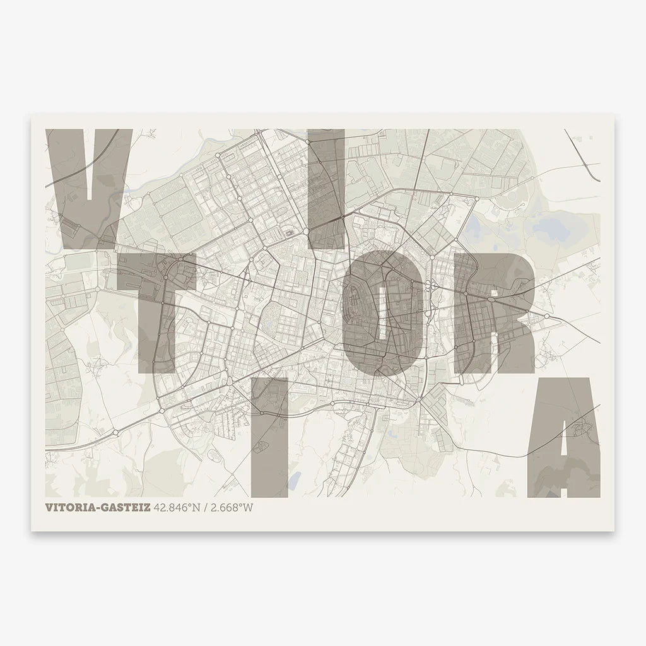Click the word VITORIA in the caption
(71, 507)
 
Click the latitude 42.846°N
(175, 507)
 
